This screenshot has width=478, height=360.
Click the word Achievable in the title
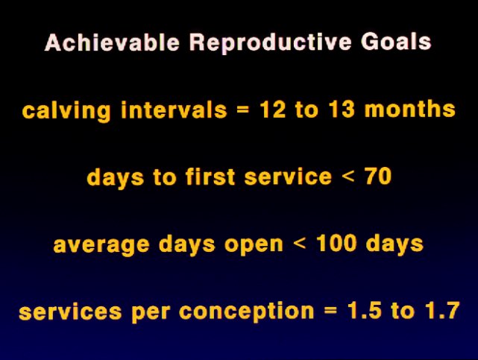coord(112,42)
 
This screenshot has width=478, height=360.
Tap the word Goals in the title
coord(396,42)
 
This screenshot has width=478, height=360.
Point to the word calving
coord(66,111)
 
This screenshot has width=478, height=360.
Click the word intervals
coord(174,110)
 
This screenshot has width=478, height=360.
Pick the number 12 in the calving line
coord(272,110)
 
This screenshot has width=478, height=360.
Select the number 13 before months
coord(342,110)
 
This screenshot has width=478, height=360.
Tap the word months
coord(410,110)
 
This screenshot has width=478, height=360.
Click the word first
coord(210,177)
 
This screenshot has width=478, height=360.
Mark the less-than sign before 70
coord(348,177)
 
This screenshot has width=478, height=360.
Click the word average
coord(101,245)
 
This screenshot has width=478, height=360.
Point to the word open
coord(254,245)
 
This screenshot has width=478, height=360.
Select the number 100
coord(336,243)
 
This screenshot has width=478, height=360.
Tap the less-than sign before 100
coord(300,244)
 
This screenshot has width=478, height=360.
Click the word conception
coord(247,312)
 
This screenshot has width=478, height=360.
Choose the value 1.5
coord(365,310)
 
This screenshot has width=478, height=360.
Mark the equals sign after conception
coord(331,311)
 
